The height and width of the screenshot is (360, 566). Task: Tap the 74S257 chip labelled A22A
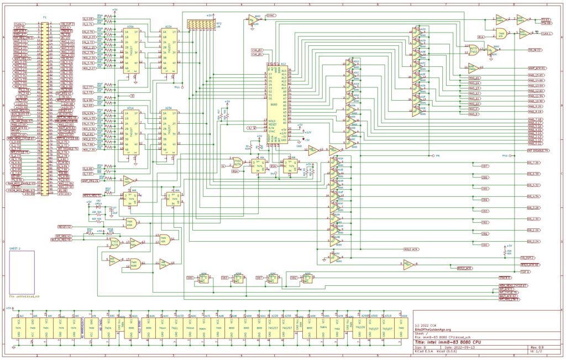click(169, 50)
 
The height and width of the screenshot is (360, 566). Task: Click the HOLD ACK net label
click(411, 249)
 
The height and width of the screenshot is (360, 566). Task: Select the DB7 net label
click(485, 165)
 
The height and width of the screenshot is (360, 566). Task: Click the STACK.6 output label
click(504, 276)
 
